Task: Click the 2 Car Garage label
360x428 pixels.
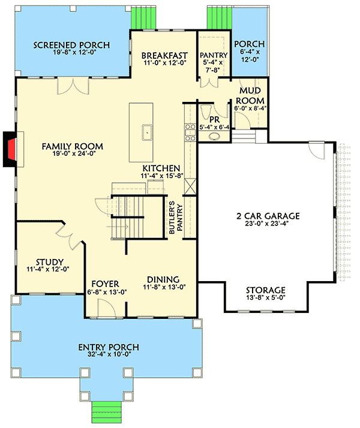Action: [x=268, y=216]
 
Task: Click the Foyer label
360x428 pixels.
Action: [x=104, y=284]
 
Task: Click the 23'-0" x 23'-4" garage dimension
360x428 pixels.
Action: [x=268, y=225]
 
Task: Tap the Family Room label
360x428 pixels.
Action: [x=73, y=146]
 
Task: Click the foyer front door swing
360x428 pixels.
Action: [x=104, y=308]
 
